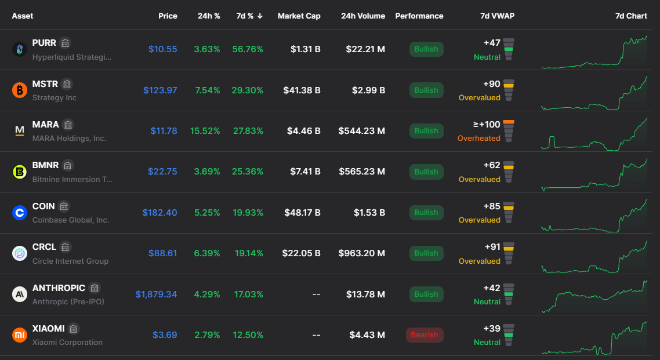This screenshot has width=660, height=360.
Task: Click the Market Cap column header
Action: click(299, 16)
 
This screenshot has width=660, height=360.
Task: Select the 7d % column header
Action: click(249, 16)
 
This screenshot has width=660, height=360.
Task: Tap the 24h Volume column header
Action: click(363, 16)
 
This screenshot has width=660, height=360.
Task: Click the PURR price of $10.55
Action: click(163, 49)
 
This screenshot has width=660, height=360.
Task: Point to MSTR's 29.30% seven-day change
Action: click(248, 90)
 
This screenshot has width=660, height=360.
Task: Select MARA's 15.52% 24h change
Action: click(205, 131)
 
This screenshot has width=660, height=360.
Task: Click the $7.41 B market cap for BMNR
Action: click(305, 172)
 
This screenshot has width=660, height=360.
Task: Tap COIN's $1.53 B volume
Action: click(369, 213)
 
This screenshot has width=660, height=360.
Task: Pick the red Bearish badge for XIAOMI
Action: click(425, 334)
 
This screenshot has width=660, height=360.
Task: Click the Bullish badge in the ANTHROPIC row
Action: click(426, 294)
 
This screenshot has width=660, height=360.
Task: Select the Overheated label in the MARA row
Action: click(479, 139)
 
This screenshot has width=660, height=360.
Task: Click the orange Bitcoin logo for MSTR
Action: click(20, 90)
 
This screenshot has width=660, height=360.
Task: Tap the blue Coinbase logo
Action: click(20, 213)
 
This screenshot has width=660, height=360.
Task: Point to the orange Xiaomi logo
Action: click(20, 334)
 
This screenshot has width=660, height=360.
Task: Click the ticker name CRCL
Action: click(44, 247)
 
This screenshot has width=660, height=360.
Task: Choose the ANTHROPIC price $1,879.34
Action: click(156, 294)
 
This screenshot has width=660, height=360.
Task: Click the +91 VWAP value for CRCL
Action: click(492, 247)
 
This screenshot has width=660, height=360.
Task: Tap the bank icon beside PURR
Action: click(65, 43)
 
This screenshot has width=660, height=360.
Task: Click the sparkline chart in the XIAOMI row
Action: click(594, 338)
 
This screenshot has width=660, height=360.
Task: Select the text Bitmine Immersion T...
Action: click(72, 180)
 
